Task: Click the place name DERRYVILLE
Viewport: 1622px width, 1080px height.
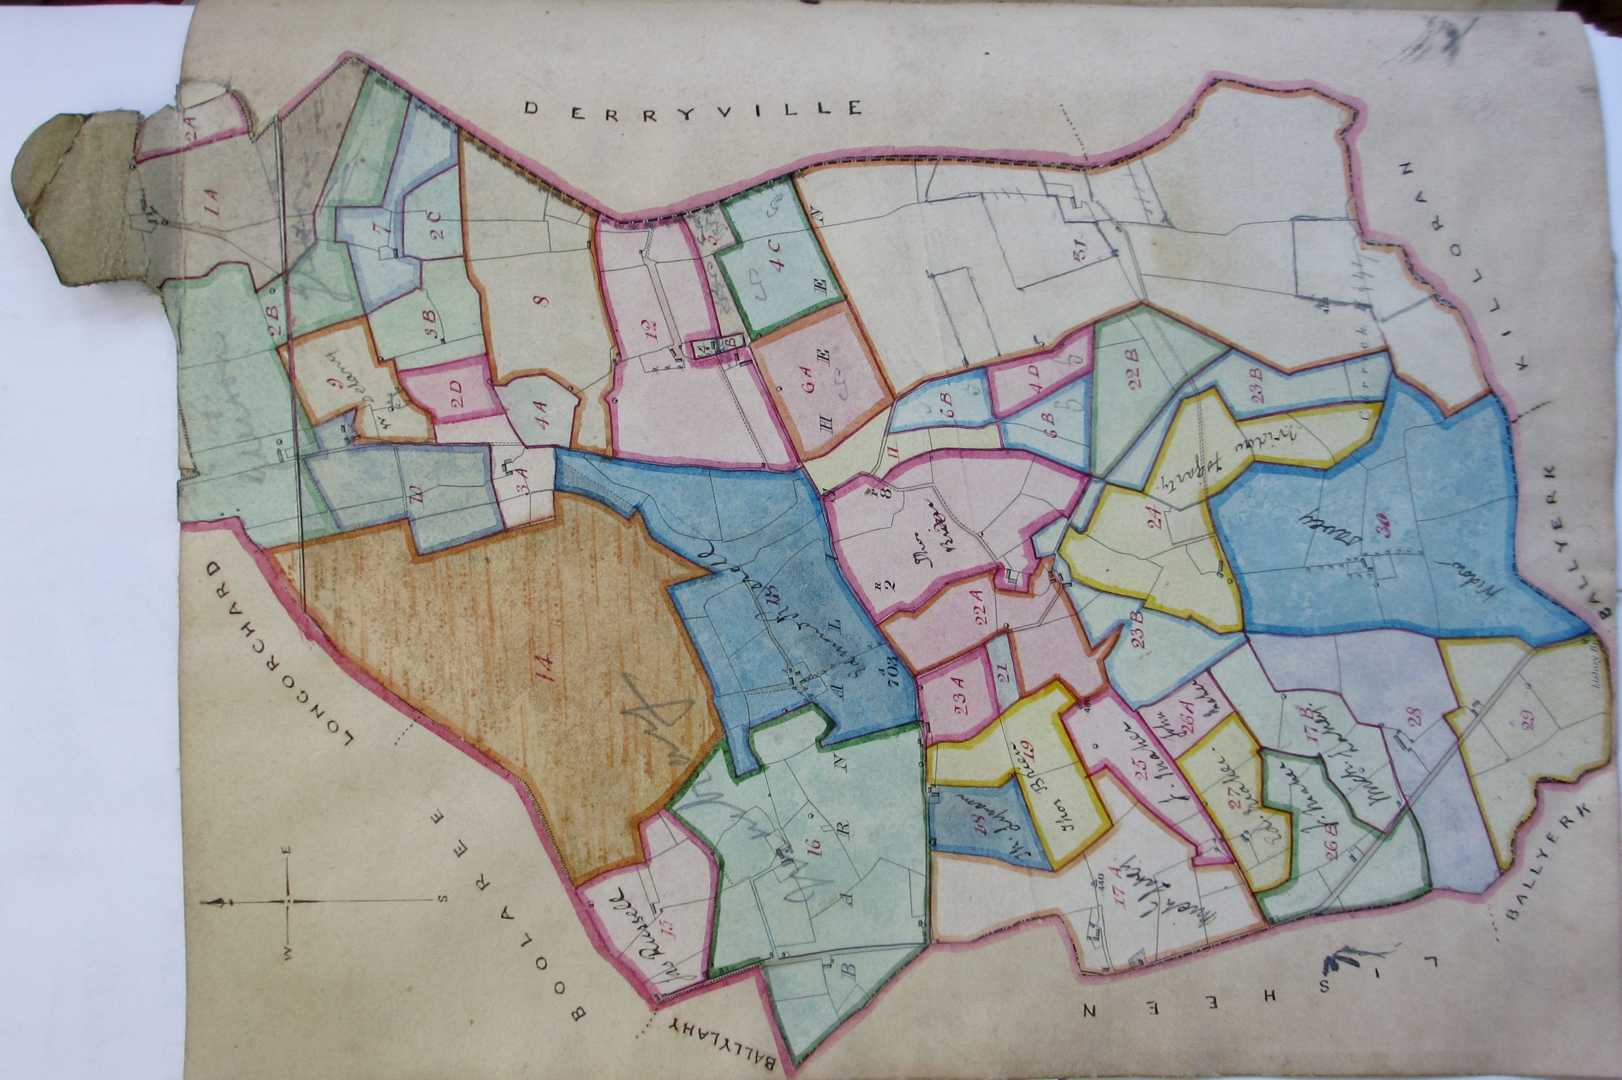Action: (x=692, y=108)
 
